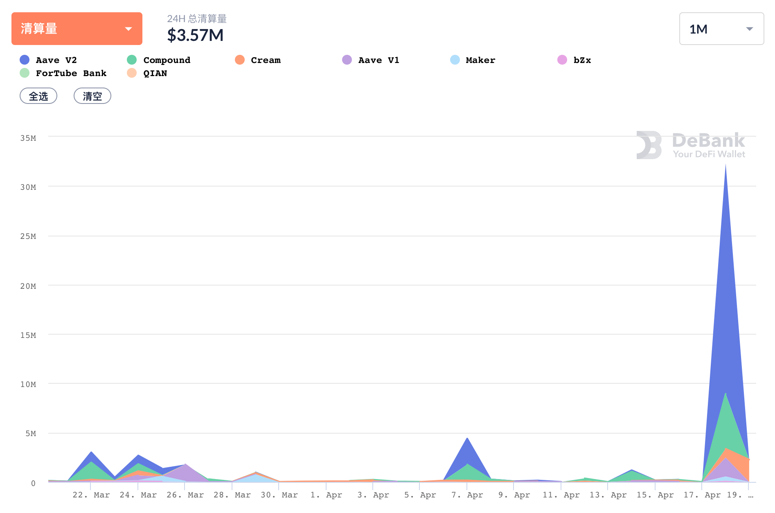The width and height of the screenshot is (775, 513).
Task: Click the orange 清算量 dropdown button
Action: (x=77, y=29)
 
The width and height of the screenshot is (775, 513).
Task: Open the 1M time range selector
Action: (x=721, y=29)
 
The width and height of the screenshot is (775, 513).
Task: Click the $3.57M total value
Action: (x=195, y=35)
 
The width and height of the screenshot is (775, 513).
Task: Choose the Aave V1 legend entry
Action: (x=371, y=60)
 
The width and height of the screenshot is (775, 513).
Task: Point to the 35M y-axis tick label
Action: (x=28, y=138)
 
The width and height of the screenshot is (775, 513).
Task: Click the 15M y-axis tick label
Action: (x=28, y=335)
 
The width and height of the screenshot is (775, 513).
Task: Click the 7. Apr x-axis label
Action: (x=467, y=495)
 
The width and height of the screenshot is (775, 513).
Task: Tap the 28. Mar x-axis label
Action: (x=232, y=495)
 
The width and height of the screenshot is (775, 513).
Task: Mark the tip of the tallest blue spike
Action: (x=725, y=165)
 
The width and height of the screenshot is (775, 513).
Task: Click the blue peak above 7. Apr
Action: (x=467, y=439)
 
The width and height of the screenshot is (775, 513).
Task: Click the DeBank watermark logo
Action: (x=691, y=145)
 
